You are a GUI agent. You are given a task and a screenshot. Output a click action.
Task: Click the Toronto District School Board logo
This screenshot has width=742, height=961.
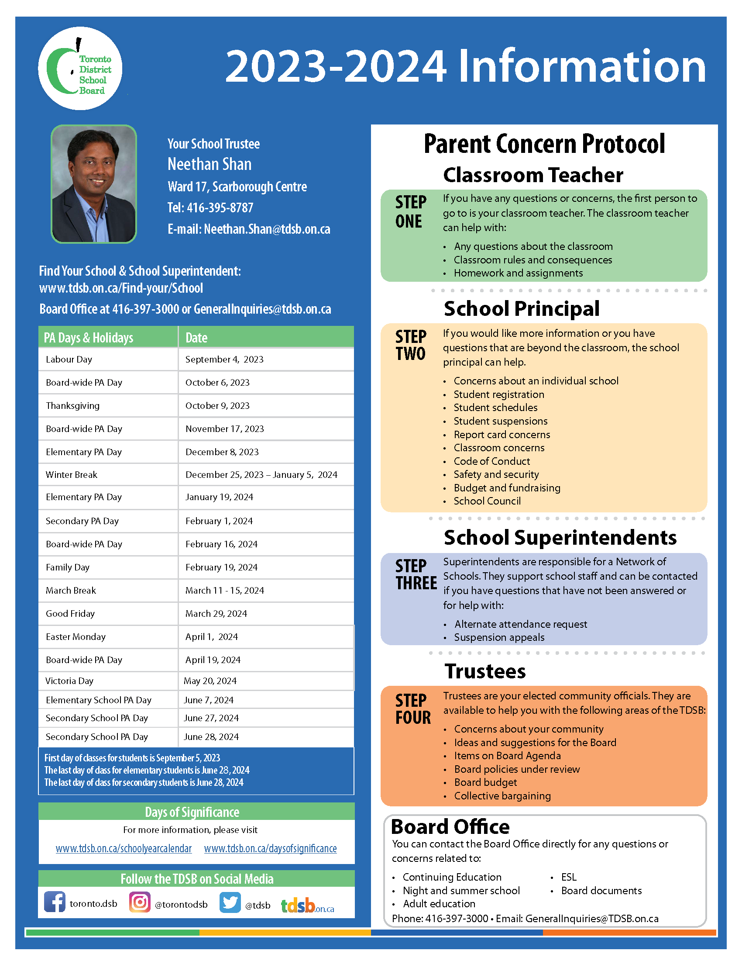[80, 68]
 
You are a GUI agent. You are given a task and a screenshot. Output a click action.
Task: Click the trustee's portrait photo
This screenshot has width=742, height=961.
[94, 184]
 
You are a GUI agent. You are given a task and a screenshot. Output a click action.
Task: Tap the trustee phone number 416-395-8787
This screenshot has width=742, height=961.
[220, 207]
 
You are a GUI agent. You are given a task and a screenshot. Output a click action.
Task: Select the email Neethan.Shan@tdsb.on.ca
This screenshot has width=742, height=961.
[267, 229]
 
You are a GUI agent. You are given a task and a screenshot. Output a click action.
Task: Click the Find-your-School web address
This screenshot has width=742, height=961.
[121, 288]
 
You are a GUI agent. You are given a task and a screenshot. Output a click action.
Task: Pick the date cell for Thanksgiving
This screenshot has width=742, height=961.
[217, 406]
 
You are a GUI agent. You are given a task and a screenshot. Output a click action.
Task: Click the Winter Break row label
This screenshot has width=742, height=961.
[72, 475]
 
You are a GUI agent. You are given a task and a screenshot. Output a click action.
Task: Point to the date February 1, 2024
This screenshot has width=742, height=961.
[219, 521]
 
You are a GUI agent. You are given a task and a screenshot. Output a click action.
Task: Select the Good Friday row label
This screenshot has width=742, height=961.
[70, 614]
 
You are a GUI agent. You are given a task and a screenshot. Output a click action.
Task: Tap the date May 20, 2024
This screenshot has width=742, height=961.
[210, 681]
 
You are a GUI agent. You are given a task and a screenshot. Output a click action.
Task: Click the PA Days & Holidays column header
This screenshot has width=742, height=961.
[88, 338]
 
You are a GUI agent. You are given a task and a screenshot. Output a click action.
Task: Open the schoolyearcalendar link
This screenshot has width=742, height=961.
[124, 848]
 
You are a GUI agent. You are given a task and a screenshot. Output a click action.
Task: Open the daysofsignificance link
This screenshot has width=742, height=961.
[270, 848]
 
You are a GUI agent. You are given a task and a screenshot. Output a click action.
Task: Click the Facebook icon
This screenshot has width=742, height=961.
[55, 902]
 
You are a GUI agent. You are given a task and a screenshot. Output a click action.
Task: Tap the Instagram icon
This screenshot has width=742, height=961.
[140, 902]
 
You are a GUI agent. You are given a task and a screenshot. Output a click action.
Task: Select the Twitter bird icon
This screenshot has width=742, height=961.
[230, 902]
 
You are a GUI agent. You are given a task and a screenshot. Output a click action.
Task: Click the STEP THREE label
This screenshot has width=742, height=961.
[416, 575]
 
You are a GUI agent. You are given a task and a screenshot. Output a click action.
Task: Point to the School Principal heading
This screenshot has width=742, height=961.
[521, 308]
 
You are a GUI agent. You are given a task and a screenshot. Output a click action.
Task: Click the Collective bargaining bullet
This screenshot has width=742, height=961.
[502, 796]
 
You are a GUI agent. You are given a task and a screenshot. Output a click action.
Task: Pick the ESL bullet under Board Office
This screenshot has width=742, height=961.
[569, 877]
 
